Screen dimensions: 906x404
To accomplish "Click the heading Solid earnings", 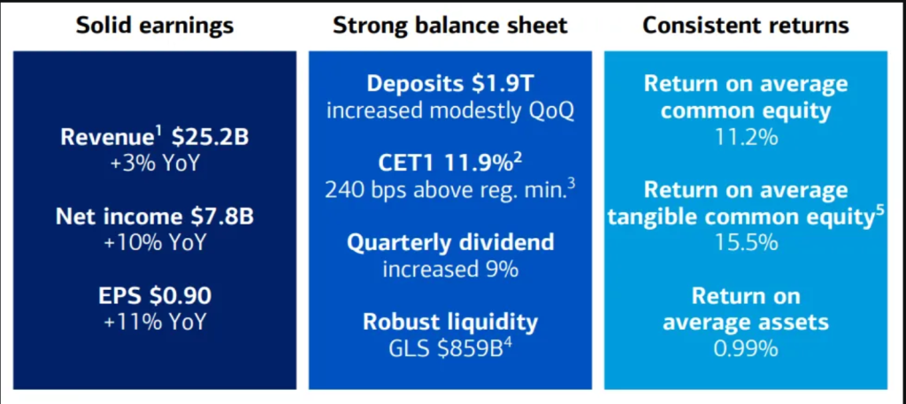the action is tap(155, 26).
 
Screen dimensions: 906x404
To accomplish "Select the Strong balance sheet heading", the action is tap(450, 26).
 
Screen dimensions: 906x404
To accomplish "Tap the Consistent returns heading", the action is tap(745, 26).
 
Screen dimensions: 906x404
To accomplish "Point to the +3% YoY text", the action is tap(155, 163).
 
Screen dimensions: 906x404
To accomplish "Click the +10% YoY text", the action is tap(155, 242).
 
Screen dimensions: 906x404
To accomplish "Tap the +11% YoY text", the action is tap(155, 321).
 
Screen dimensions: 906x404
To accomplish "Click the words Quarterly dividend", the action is tap(450, 242).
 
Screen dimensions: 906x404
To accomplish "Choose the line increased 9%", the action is tap(450, 269).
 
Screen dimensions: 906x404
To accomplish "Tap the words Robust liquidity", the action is tap(450, 322).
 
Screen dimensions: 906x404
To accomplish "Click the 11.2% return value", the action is tap(745, 138).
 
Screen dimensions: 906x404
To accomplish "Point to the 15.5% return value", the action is tap(745, 243).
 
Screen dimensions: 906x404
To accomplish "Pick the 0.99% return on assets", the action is tap(745, 348).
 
